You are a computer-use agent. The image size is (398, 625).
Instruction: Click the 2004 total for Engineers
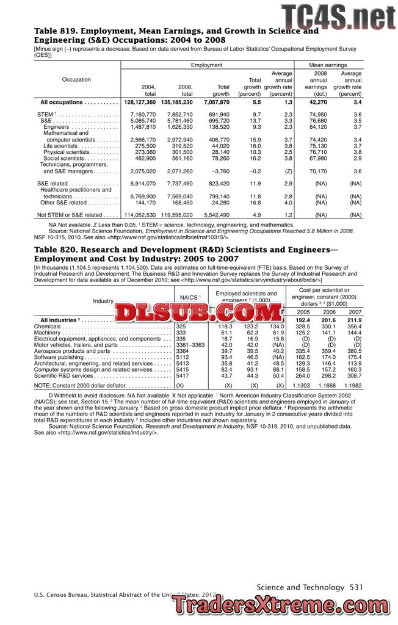point(140,127)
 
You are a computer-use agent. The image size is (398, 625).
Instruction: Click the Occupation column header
point(77,79)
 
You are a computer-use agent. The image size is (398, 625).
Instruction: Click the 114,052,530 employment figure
point(140,215)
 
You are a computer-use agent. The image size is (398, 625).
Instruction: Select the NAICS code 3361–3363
point(190,345)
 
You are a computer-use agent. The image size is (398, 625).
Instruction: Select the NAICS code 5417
point(183,376)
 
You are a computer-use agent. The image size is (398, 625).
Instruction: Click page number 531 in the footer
point(356,587)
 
